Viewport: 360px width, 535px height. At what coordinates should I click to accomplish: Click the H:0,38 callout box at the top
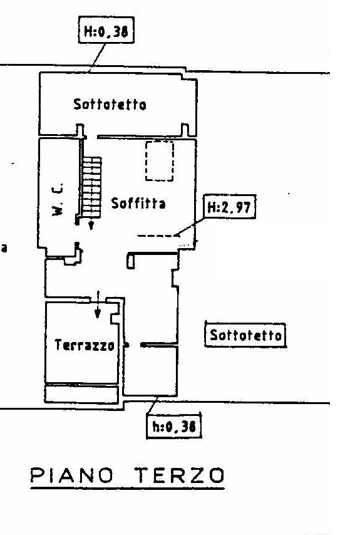[x=106, y=30]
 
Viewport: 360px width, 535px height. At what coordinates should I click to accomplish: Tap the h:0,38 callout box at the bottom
[x=174, y=425]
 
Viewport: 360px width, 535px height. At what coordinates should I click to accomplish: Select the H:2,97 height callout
[x=229, y=207]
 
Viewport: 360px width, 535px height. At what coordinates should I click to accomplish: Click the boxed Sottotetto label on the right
[x=245, y=335]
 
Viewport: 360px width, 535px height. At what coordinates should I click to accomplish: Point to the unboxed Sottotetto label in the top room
[x=110, y=104]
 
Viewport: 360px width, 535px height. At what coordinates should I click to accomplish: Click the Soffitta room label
[x=138, y=204]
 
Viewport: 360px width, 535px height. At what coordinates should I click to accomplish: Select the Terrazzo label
[x=85, y=345]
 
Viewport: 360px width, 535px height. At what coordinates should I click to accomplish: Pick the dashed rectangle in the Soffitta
[x=160, y=161]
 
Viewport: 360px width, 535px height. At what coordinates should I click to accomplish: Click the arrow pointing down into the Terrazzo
[x=98, y=304]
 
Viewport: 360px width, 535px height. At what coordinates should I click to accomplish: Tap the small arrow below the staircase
[x=91, y=224]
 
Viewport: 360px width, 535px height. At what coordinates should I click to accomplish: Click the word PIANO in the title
[x=72, y=475]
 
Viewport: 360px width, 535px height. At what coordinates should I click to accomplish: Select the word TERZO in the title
[x=179, y=475]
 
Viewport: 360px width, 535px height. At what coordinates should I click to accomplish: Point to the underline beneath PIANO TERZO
[x=128, y=489]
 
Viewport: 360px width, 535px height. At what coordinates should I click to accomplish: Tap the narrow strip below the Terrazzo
[x=81, y=393]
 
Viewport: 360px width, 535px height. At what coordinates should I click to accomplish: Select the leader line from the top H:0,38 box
[x=97, y=58]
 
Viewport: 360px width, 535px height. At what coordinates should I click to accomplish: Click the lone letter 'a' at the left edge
[x=4, y=248]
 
